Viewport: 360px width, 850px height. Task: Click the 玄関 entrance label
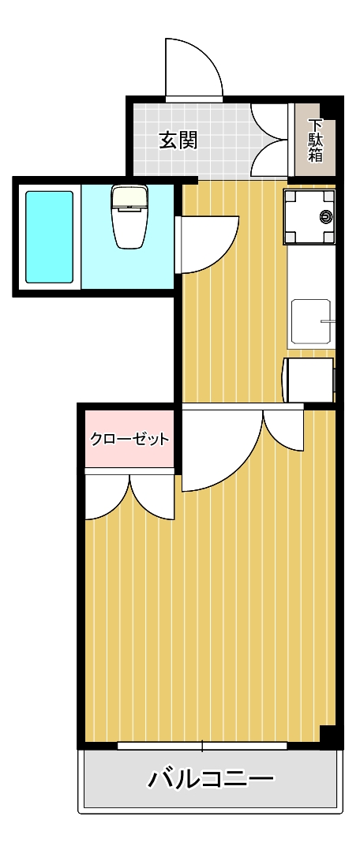tap(178, 141)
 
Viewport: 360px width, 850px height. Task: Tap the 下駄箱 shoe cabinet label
tap(316, 140)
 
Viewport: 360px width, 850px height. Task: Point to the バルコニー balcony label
tap(212, 780)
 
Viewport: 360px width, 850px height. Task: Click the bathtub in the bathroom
tap(49, 237)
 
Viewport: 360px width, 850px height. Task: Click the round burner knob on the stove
tap(325, 216)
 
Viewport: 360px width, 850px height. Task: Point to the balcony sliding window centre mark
tap(203, 745)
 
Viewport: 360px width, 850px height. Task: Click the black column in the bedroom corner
tap(331, 735)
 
